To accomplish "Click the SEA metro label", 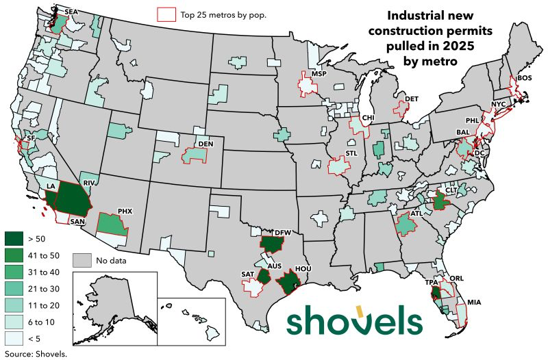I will pyautogui.click(x=71, y=12).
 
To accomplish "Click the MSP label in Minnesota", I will pyautogui.click(x=319, y=73).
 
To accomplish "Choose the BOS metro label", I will pyautogui.click(x=525, y=79).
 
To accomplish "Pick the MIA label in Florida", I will pyautogui.click(x=474, y=302).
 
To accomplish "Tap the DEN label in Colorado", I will pyautogui.click(x=205, y=145).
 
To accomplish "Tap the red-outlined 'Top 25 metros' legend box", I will pyautogui.click(x=166, y=14).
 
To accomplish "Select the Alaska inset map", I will pyautogui.click(x=113, y=308).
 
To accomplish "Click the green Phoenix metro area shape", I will pyautogui.click(x=111, y=224).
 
